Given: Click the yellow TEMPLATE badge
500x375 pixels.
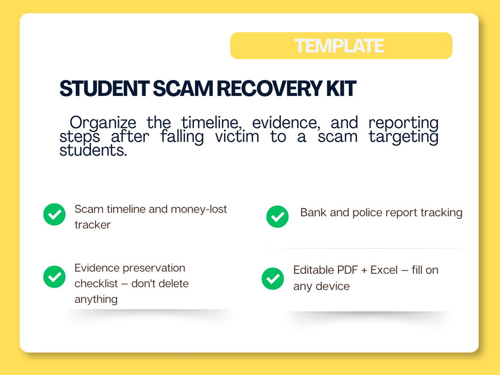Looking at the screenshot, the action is click(x=341, y=46).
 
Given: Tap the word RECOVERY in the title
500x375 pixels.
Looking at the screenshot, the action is click(x=270, y=89).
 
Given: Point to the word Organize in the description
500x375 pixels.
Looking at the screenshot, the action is click(x=102, y=123).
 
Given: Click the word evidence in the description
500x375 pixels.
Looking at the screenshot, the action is click(x=286, y=123).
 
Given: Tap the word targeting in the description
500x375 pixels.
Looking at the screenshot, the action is click(x=403, y=138).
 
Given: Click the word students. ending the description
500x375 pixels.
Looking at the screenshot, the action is click(x=93, y=150).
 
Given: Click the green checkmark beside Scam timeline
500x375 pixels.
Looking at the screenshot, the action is click(x=55, y=214).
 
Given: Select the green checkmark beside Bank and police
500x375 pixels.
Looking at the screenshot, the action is click(x=278, y=216).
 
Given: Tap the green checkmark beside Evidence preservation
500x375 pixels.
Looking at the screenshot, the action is click(x=55, y=277).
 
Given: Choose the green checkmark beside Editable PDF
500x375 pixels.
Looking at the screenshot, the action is click(x=273, y=279).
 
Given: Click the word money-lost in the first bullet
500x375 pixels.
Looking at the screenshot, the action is click(x=199, y=209).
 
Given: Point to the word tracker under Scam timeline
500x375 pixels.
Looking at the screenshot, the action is click(x=93, y=225).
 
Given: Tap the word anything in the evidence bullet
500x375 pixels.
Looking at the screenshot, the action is click(x=96, y=299).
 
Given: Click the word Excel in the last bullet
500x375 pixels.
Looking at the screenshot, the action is click(x=384, y=270).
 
